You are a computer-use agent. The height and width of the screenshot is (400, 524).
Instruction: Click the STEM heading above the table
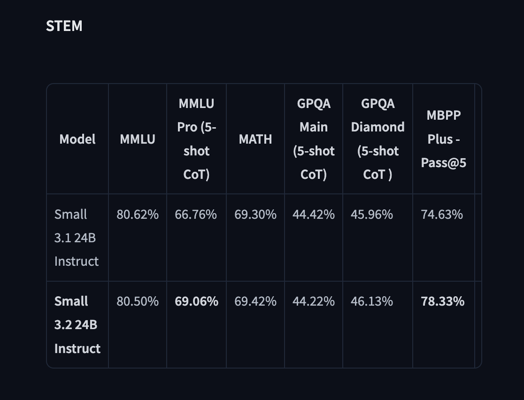point(64,26)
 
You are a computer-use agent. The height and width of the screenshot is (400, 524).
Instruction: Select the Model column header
point(77,139)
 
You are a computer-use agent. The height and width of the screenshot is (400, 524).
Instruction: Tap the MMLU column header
point(138,139)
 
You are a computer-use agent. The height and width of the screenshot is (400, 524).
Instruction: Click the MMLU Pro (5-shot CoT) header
point(196,139)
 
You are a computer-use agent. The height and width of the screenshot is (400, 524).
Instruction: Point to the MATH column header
point(255,139)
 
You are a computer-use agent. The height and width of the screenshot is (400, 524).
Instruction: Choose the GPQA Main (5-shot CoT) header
point(314,139)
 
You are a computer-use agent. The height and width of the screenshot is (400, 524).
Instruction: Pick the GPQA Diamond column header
point(378,139)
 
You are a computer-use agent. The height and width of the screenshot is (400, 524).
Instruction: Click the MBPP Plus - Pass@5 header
point(443,139)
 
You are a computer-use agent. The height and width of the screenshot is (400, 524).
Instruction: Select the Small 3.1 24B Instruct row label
point(77,238)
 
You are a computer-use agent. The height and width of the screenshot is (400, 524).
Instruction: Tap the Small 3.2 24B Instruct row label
point(77,324)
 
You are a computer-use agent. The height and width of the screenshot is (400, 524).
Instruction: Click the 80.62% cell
point(138,215)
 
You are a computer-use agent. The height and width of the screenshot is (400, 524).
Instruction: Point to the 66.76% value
point(196,215)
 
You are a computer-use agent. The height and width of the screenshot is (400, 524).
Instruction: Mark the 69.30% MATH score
point(255,215)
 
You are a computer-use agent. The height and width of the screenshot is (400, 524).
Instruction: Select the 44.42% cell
point(314,215)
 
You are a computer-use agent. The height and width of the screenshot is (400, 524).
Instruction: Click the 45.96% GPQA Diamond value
point(371,215)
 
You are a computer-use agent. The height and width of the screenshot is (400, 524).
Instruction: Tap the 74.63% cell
point(442,215)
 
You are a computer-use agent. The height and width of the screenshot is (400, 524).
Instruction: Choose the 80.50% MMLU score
point(138,301)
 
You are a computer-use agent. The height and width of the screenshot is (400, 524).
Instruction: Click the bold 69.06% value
point(196,301)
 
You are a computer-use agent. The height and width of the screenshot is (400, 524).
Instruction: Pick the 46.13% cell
point(371,301)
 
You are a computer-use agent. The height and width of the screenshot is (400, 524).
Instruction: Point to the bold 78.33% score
point(443,301)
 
